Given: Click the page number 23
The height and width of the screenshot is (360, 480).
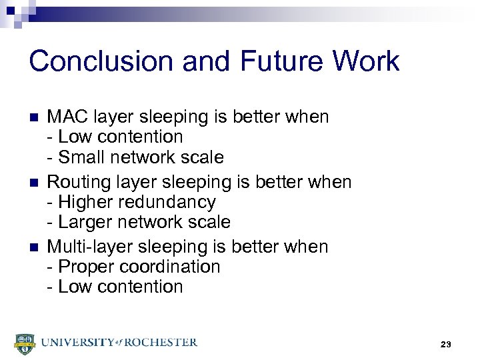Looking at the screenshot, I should [x=446, y=344].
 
